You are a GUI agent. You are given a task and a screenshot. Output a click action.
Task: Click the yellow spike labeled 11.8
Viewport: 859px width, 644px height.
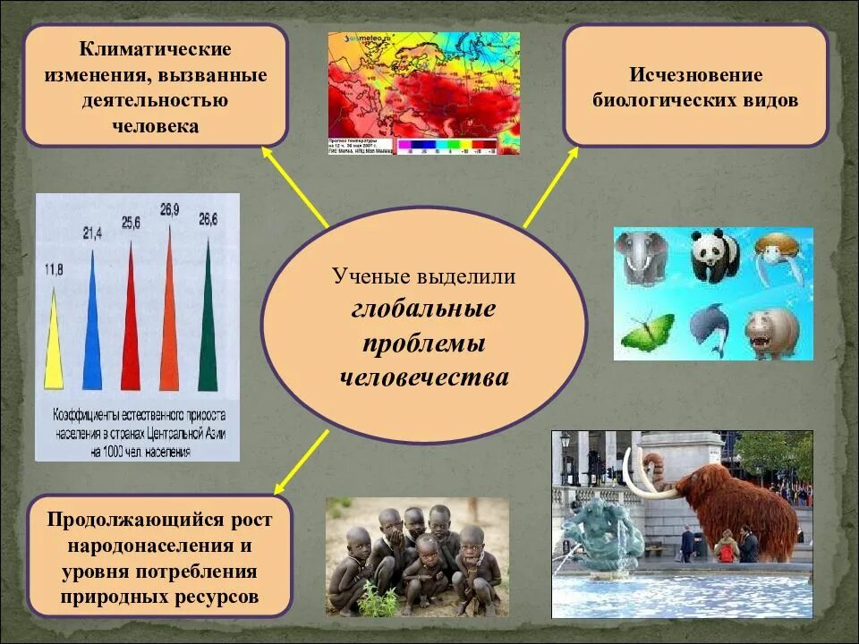coord(54,349)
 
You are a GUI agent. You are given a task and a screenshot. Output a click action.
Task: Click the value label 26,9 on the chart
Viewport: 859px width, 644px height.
coord(170,209)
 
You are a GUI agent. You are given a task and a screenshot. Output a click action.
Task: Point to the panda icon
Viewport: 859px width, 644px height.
coord(714,256)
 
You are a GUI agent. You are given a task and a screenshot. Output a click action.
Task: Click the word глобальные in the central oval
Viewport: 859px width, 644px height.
coord(423,309)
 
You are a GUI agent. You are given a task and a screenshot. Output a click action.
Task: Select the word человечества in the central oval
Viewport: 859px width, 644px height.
coord(423,377)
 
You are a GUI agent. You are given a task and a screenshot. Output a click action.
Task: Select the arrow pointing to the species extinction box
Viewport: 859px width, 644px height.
coord(551,188)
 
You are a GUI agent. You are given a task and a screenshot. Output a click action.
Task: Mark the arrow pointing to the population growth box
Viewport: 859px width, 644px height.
coord(301,462)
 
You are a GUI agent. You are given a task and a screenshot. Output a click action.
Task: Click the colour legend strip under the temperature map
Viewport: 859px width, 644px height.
coord(447,143)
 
